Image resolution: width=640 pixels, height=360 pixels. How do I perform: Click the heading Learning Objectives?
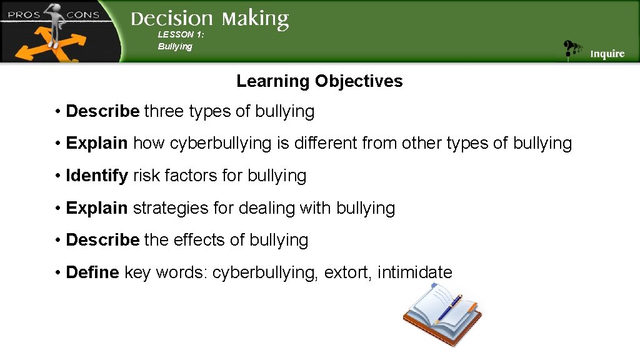319,81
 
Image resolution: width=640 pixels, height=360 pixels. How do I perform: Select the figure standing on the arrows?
55,25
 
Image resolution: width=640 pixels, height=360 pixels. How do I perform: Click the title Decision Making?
209,19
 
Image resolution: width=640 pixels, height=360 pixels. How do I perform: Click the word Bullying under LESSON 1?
175,47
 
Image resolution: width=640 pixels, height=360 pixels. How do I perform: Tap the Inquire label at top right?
607,54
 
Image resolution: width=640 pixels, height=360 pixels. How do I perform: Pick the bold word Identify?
97,176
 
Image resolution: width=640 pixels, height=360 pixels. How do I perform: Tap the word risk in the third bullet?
146,176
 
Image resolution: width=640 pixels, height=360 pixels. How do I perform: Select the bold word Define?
92,272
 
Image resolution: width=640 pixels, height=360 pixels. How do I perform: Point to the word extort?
346,272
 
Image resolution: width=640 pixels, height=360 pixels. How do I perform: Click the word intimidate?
414,272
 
